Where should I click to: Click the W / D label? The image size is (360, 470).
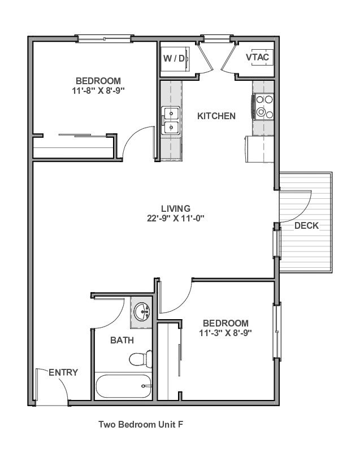174,58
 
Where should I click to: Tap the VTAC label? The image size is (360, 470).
257,57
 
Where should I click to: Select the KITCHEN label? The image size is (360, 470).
216,116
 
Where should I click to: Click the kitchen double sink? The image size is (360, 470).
171,120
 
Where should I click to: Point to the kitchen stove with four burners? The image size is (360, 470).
263,107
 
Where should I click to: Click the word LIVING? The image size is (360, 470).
176,208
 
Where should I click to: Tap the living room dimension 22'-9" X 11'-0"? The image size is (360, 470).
176,218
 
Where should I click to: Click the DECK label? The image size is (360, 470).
306,226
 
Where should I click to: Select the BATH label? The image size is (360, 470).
122,340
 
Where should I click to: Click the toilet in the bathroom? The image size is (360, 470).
141,359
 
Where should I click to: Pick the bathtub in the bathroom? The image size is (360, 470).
124,386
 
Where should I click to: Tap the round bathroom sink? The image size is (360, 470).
142,311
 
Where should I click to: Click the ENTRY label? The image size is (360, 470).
63,372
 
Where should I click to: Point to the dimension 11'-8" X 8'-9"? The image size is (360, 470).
98,90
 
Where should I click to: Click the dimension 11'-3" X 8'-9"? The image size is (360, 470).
225,333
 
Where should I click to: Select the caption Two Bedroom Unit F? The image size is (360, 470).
141,424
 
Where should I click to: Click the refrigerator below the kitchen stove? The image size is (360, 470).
260,149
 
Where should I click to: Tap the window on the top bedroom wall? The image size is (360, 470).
105,38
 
